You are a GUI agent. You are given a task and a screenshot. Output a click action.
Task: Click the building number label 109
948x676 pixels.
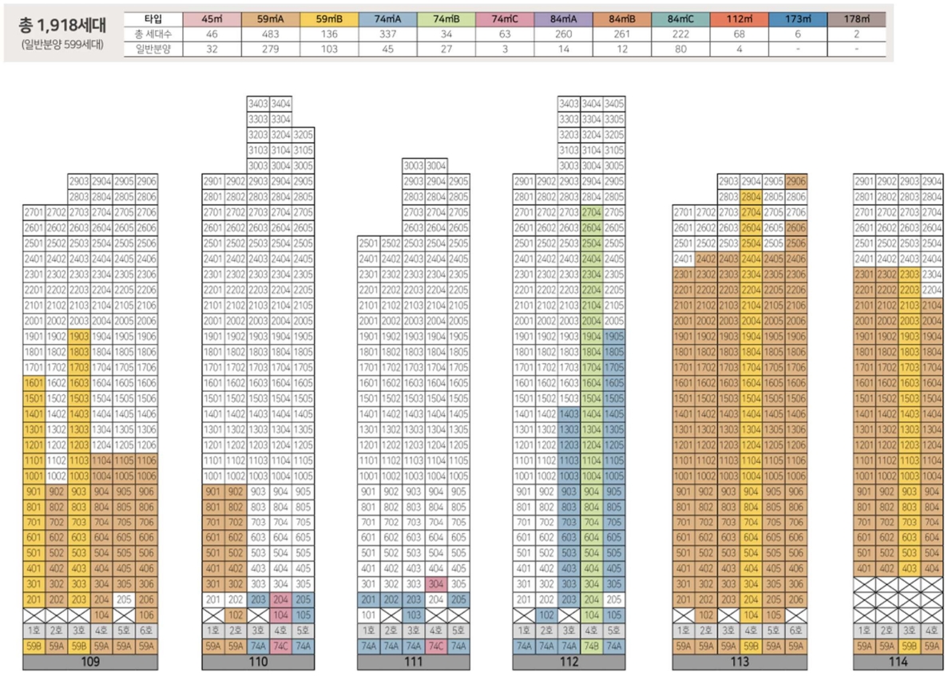coord(90,662)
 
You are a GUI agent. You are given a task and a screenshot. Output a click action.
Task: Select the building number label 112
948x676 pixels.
coord(569,662)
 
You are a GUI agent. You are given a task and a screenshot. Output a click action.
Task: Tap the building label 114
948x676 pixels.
coord(898,662)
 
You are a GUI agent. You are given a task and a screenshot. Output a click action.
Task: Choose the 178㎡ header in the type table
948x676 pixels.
coord(857,18)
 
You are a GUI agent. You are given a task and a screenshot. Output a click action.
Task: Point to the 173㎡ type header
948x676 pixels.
coord(795,18)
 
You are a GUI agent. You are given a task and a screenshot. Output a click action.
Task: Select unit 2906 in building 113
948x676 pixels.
coord(795,182)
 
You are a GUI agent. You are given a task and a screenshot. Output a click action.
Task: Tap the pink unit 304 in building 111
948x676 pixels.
coord(435,584)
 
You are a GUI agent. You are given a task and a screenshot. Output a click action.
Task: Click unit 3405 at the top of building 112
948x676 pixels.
coord(613,104)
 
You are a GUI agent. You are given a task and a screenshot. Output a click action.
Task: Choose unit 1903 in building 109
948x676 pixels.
coord(79,336)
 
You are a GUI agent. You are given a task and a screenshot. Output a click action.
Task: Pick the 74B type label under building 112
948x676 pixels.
coord(591,645)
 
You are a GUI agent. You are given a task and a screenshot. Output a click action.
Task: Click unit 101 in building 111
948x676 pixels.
coord(368,615)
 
